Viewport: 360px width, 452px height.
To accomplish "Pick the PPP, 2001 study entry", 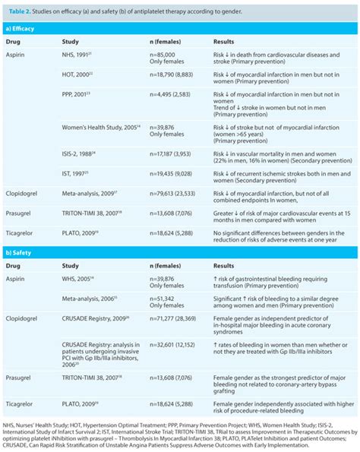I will coord(85,96).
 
